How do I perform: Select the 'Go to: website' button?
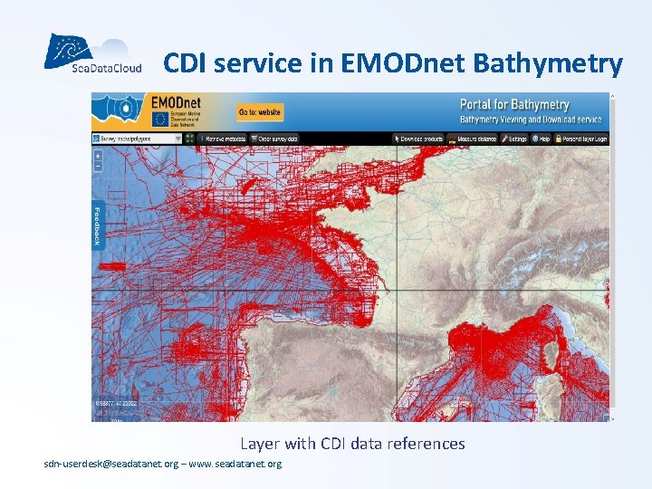[x=260, y=112]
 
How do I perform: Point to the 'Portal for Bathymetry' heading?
[x=514, y=105]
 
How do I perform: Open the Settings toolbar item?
[x=514, y=139]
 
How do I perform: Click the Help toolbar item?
[x=542, y=139]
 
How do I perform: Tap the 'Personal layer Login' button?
[x=582, y=139]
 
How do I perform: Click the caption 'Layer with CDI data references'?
[x=352, y=444]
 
